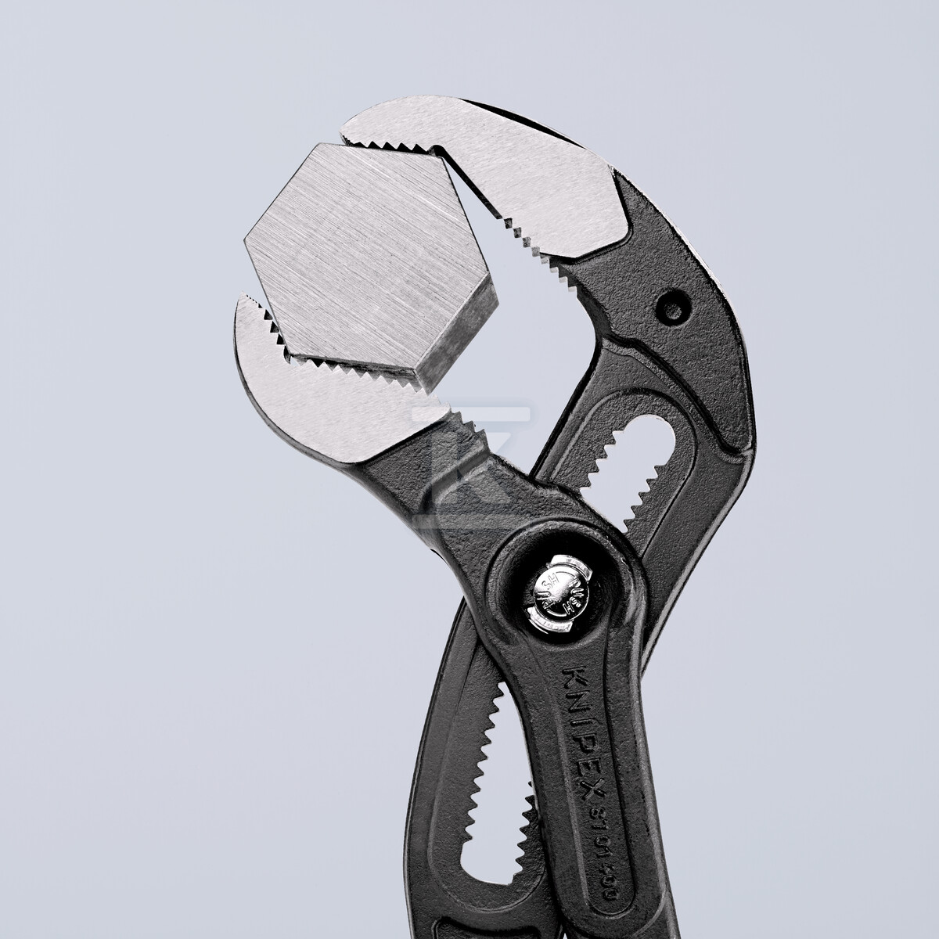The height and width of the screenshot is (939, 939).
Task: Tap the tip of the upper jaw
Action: point(352,125)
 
